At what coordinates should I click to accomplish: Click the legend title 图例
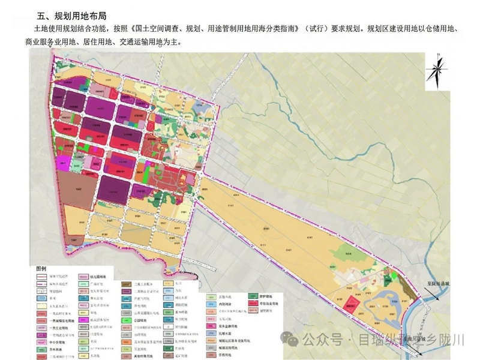41,268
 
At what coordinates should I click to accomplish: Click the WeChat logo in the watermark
293,340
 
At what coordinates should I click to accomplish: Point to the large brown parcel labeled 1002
79,190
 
